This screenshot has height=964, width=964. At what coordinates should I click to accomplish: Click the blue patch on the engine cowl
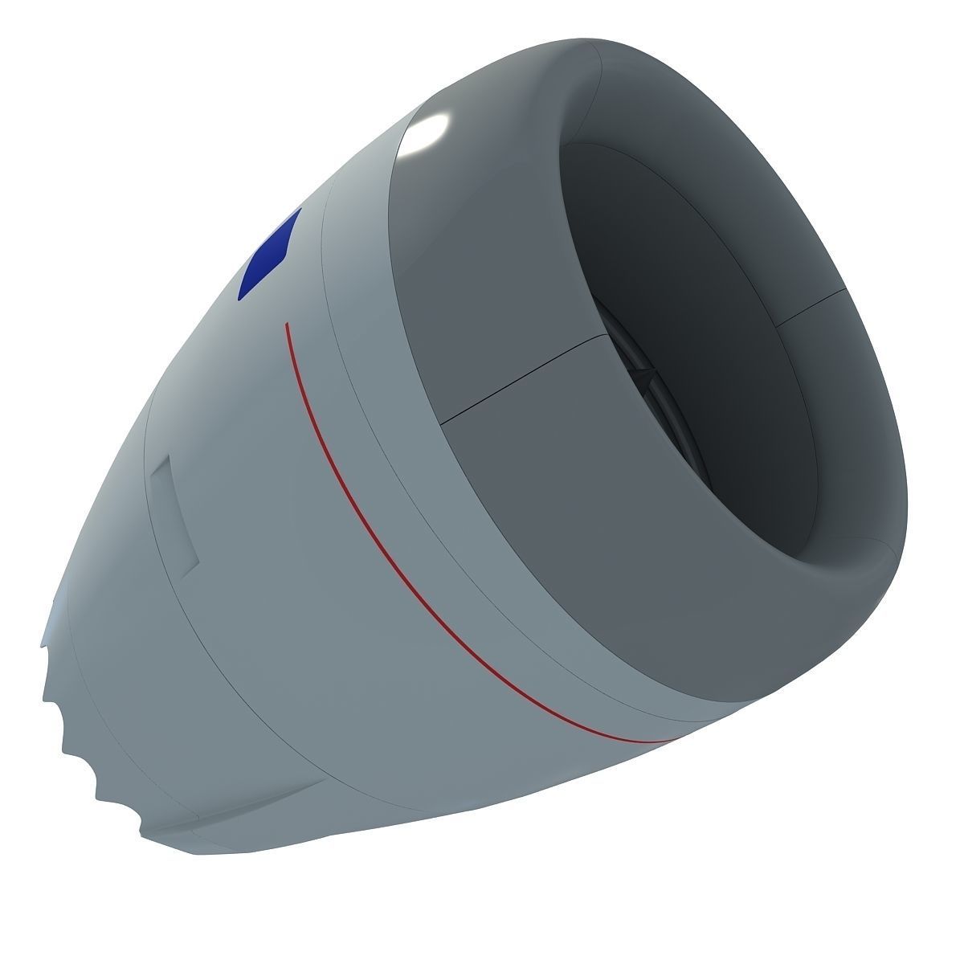[270, 255]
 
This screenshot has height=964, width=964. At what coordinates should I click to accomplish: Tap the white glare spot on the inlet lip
[426, 133]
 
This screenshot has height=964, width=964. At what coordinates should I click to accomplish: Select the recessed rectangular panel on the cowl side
[175, 514]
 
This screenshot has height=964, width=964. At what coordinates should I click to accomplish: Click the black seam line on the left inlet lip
[522, 378]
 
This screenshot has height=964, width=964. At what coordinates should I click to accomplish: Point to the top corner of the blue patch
[300, 210]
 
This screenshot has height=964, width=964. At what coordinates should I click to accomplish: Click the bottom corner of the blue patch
[240, 299]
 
